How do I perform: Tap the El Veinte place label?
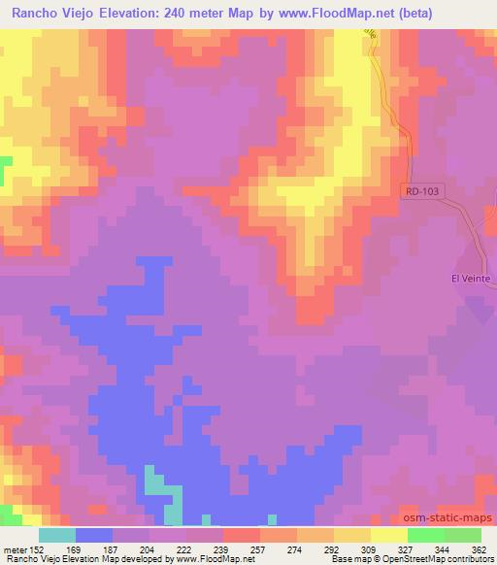473,279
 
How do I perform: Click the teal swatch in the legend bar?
57,535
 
